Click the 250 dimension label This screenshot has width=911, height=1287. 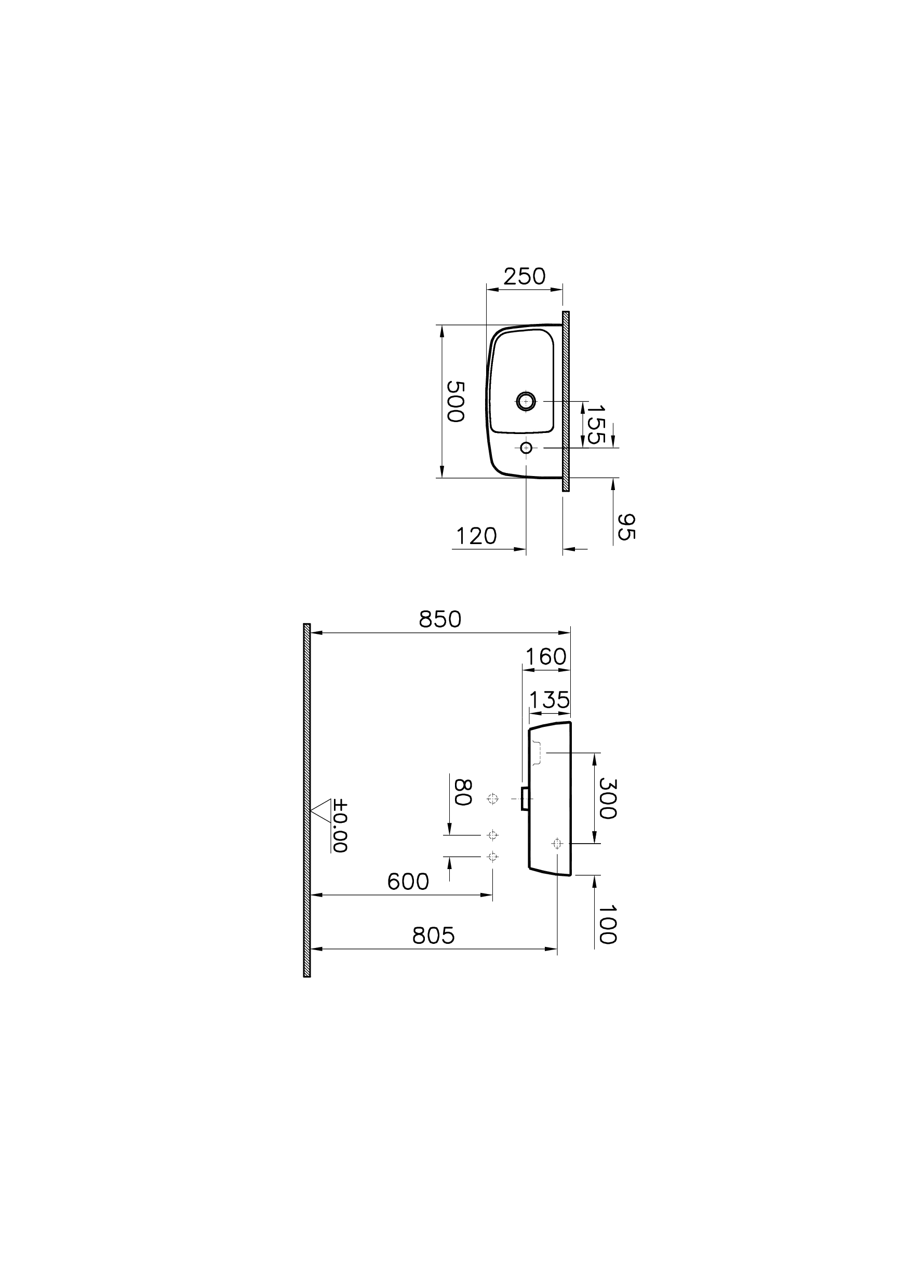click(524, 277)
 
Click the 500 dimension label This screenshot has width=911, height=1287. click(455, 401)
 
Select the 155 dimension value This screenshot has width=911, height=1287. click(595, 425)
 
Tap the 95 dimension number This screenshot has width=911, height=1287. click(625, 526)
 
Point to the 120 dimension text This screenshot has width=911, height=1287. click(476, 536)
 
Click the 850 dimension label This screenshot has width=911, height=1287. click(440, 620)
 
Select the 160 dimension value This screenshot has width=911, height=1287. click(546, 657)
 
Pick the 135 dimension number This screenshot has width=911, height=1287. click(550, 700)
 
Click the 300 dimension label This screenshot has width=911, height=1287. click(608, 798)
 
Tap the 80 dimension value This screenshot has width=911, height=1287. click(462, 792)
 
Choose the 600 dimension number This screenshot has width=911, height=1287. click(408, 882)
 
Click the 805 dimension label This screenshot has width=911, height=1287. click(433, 936)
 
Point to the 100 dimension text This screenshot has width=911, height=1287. click(608, 925)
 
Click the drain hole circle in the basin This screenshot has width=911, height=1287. click(526, 401)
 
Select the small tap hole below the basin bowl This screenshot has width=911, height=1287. click(526, 448)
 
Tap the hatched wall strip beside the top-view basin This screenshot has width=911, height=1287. click(566, 401)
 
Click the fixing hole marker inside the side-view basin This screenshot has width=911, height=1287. click(556, 844)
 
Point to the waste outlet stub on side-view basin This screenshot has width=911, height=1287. click(525, 798)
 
